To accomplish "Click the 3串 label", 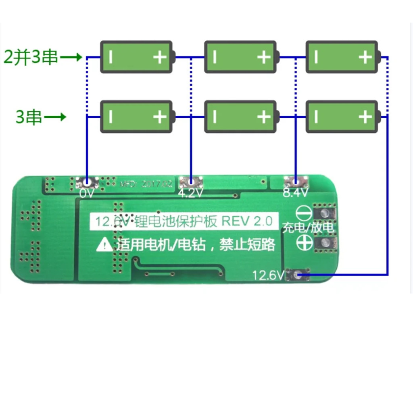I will pyautogui.click(x=29, y=117).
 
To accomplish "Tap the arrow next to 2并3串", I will pyautogui.click(x=71, y=58).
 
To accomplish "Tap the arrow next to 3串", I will pyautogui.click(x=55, y=117).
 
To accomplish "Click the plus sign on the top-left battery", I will pyautogui.click(x=160, y=57).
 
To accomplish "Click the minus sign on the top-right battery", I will pyautogui.click(x=316, y=57).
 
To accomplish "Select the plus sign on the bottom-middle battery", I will pyautogui.click(x=264, y=117).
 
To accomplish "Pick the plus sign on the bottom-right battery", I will pyautogui.click(x=365, y=117).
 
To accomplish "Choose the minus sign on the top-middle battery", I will pyautogui.click(x=215, y=57).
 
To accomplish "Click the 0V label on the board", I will pyautogui.click(x=87, y=194).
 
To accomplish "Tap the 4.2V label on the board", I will pyautogui.click(x=190, y=194).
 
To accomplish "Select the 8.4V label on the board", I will pyautogui.click(x=296, y=193).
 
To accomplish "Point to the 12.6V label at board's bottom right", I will pyautogui.click(x=268, y=275).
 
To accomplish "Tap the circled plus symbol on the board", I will pyautogui.click(x=303, y=242).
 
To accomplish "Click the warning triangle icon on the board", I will pyautogui.click(x=105, y=244).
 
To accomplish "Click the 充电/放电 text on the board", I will pyautogui.click(x=308, y=228).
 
